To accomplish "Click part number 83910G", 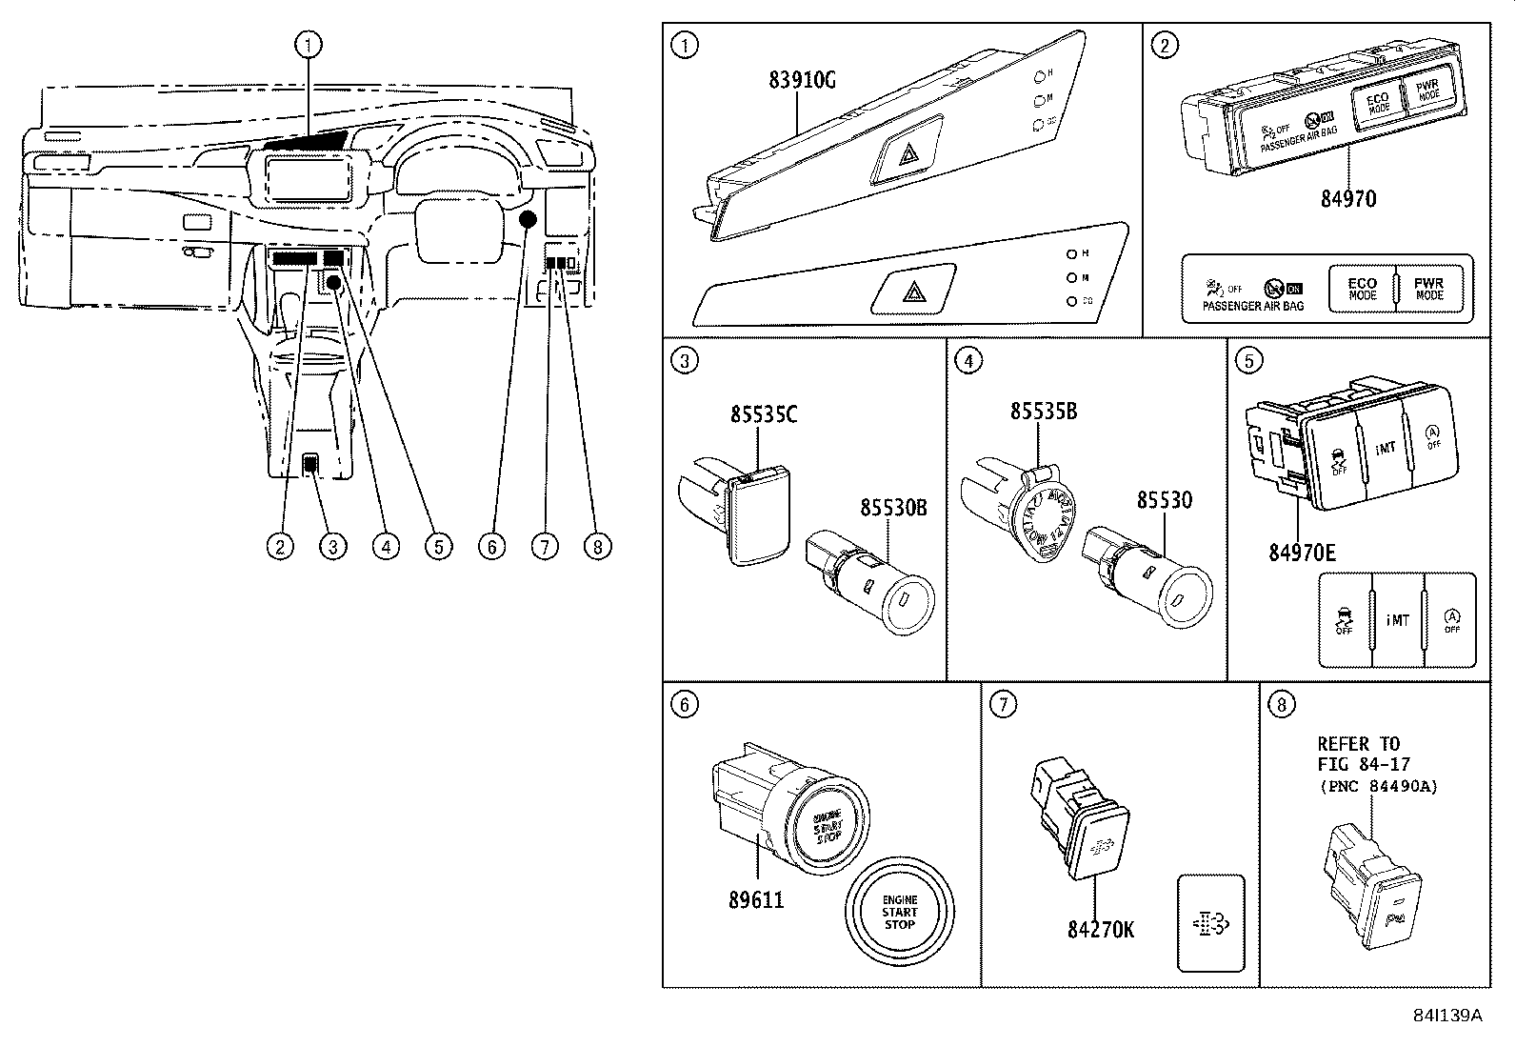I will (x=802, y=80).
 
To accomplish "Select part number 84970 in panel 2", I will (x=1347, y=199).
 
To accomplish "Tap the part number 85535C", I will (x=764, y=414).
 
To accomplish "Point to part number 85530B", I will (x=893, y=509).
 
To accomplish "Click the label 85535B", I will (x=1044, y=411).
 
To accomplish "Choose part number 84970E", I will (x=1302, y=553).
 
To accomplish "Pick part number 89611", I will (x=756, y=899).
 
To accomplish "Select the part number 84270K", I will (x=1101, y=930).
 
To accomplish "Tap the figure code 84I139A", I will (x=1447, y=1016).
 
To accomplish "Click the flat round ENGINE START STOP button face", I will (x=899, y=912).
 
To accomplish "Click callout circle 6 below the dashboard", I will (x=491, y=546).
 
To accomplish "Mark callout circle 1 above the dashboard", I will (x=308, y=44).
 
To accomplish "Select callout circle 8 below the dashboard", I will (x=597, y=546).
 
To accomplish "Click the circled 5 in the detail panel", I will (x=1248, y=360).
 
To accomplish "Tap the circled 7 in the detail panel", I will (x=1003, y=704).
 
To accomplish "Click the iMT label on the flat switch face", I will (x=1397, y=620).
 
